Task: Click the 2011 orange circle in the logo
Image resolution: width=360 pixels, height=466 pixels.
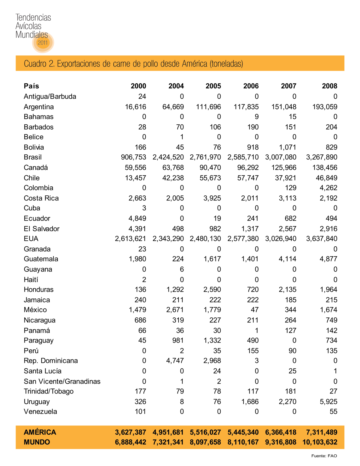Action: (x=43, y=43)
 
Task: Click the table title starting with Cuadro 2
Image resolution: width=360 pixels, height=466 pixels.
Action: (x=133, y=64)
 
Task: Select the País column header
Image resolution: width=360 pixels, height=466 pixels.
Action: (x=31, y=86)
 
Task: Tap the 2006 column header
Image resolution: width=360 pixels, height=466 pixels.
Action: (x=251, y=86)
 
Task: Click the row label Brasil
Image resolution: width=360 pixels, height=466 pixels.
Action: (x=33, y=157)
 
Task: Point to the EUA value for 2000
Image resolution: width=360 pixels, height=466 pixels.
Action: (x=130, y=239)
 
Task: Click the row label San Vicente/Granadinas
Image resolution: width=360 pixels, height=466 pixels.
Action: (x=62, y=381)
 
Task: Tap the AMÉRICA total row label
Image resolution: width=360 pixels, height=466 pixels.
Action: (x=40, y=432)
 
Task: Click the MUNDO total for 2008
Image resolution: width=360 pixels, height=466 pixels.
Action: (x=320, y=442)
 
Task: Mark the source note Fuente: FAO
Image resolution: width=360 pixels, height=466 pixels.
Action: (x=324, y=456)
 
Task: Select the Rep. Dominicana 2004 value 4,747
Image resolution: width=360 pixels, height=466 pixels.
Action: (x=175, y=361)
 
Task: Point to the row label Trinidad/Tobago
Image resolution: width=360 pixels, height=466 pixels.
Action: (x=49, y=391)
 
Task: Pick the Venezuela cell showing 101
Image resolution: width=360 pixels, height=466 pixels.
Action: (x=140, y=411)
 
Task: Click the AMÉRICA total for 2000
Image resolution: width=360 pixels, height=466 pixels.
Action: (x=130, y=432)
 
